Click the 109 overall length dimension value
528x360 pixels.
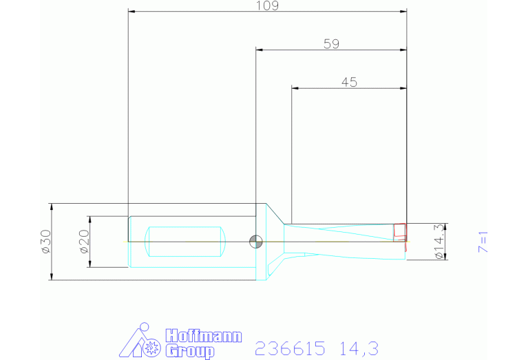coord(267,6)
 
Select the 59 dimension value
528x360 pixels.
coord(331,44)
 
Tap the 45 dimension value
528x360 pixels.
coord(349,82)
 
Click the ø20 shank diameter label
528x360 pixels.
coord(84,242)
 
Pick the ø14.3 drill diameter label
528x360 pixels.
coord(439,242)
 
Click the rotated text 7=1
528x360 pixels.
coord(483,242)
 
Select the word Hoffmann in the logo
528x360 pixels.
coord(204,336)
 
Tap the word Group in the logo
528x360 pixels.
coord(190,351)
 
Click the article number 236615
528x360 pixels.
coord(291,348)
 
